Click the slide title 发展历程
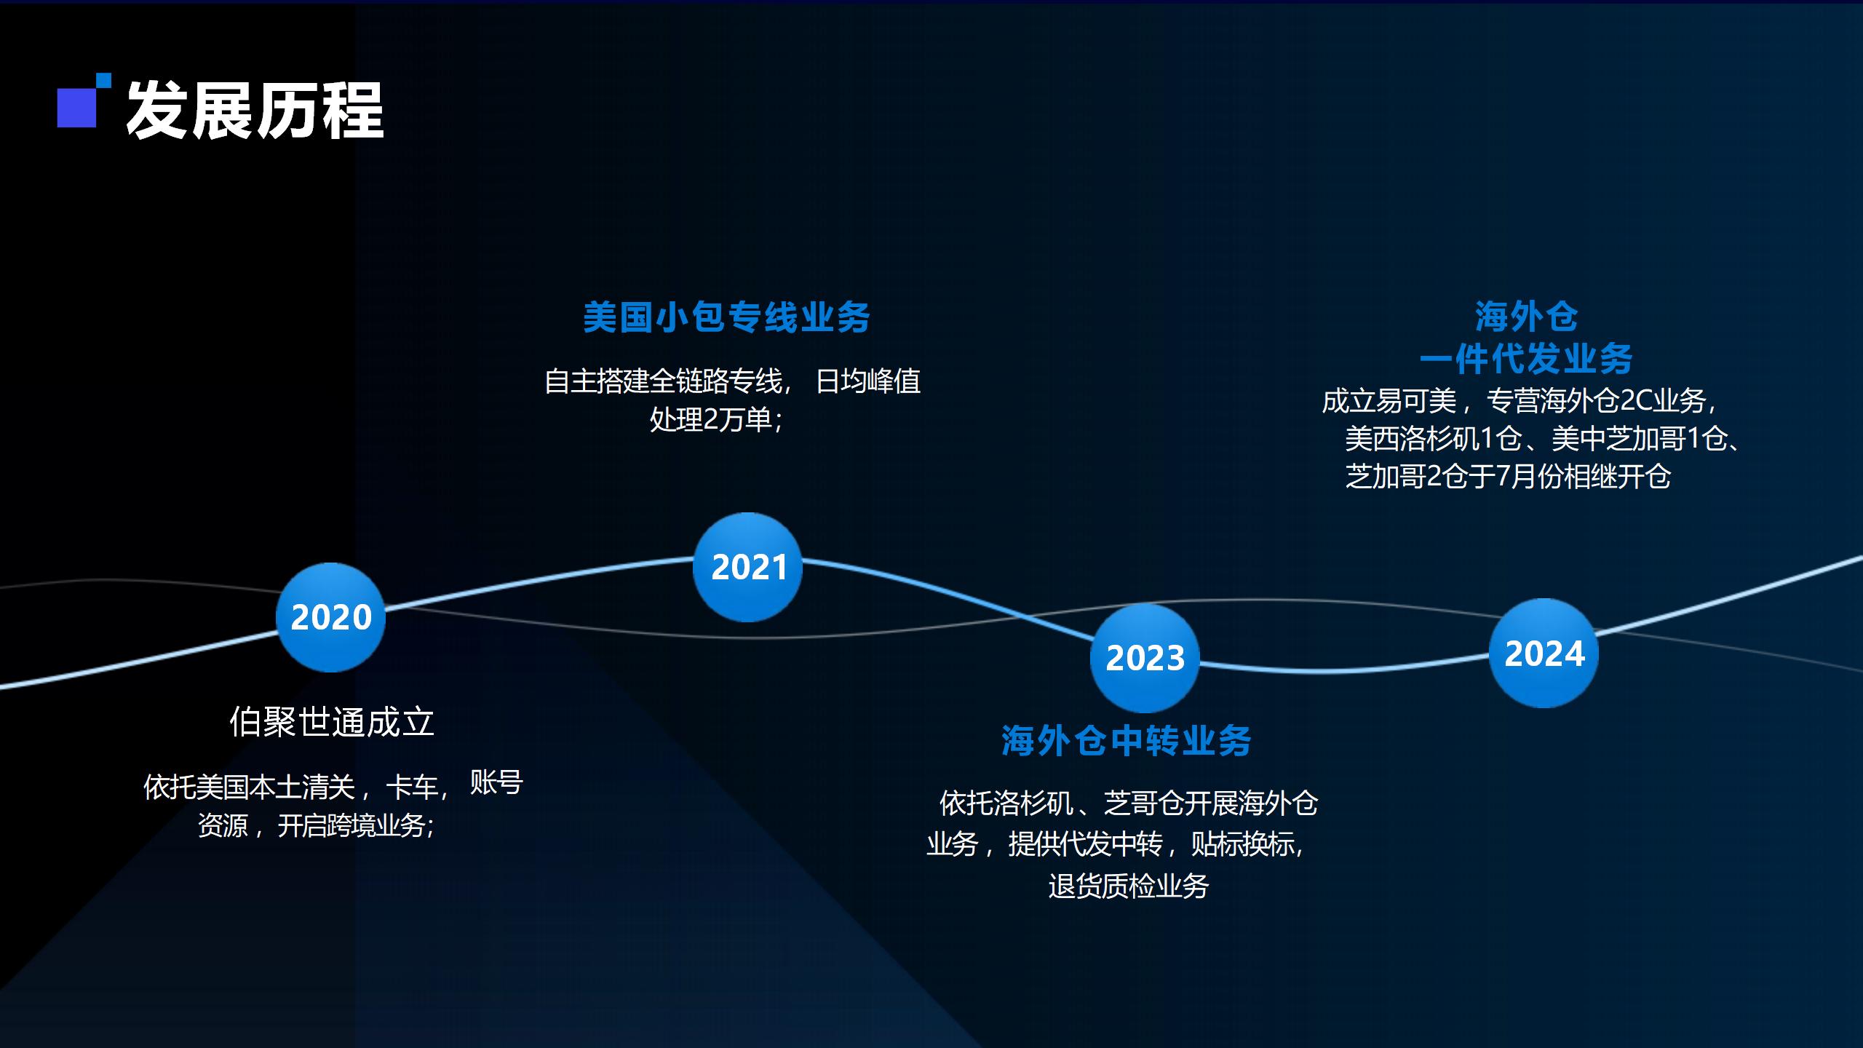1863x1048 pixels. (255, 111)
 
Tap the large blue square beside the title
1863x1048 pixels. (76, 108)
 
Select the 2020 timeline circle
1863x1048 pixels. (330, 617)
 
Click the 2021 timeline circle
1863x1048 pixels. (747, 567)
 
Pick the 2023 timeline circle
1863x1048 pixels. (1145, 658)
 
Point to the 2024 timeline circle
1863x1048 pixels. (1544, 653)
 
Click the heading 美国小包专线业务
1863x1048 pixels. (726, 317)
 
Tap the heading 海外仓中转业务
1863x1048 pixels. (1127, 741)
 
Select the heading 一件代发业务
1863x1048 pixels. (1527, 358)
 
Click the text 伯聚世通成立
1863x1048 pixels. (332, 722)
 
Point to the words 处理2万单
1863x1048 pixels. (710, 419)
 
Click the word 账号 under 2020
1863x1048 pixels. (496, 782)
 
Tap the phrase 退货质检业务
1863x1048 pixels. (1129, 886)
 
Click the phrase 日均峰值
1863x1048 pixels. (868, 381)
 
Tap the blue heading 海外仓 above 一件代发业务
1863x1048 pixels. (1527, 317)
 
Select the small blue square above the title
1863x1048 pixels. (104, 80)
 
